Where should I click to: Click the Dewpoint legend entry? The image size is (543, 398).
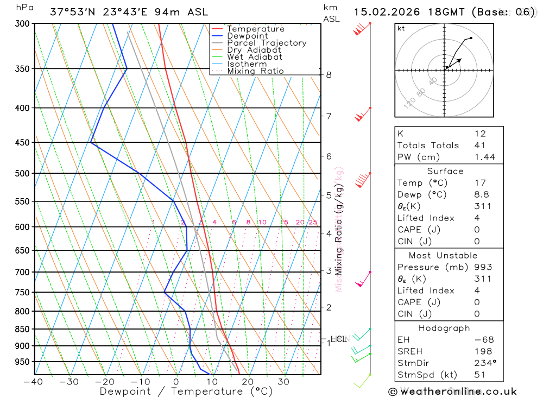[247, 36]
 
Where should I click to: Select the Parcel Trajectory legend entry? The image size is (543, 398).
[267, 43]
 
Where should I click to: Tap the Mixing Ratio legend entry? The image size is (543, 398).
[255, 71]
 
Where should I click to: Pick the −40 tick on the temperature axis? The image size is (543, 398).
[34, 382]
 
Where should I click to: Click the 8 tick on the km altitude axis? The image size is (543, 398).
[329, 74]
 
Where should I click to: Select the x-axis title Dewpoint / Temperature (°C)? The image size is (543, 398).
[186, 391]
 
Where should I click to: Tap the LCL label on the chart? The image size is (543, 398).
[338, 339]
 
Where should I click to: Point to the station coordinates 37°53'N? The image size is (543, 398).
[70, 12]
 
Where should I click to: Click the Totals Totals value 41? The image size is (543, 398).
[480, 146]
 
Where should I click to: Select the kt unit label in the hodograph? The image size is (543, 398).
[401, 29]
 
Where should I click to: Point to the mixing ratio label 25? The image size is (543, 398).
[313, 222]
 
